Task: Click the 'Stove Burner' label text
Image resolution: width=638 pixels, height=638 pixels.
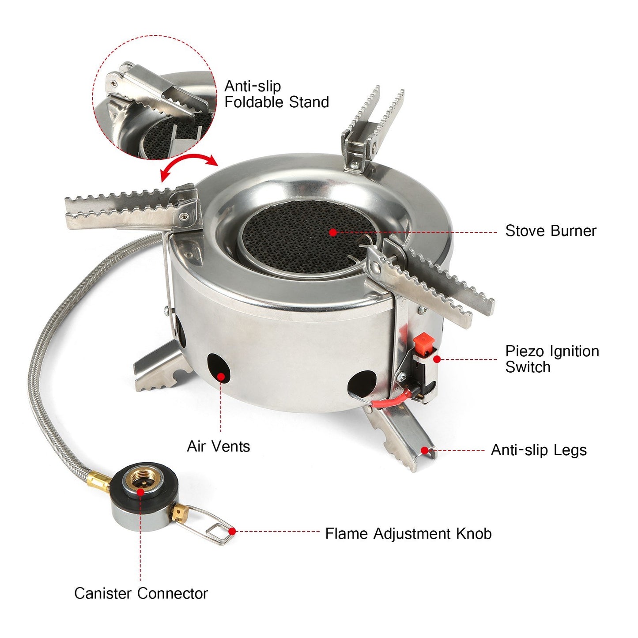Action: (550, 231)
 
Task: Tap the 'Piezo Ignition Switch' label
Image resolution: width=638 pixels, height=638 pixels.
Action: (551, 359)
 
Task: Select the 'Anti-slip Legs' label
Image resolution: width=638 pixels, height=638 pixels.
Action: (538, 450)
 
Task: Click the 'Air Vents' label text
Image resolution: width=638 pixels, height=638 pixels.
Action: (218, 446)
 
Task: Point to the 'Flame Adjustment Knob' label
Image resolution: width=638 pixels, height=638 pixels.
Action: (408, 533)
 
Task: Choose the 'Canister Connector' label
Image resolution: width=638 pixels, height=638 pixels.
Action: (141, 593)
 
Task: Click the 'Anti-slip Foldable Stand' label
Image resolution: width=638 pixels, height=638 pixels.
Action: (276, 94)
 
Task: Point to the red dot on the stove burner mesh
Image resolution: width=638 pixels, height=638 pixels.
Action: (333, 232)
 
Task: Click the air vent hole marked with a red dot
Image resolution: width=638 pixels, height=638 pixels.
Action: (219, 370)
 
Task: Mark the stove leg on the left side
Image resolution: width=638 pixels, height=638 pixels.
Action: (159, 369)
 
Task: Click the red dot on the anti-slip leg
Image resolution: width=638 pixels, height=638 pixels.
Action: (424, 450)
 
